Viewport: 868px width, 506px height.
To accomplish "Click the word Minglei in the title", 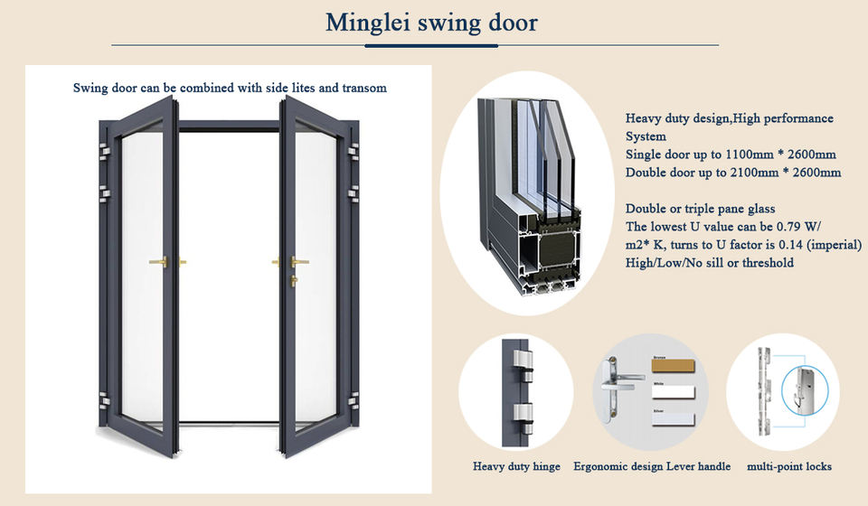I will tap(368, 22).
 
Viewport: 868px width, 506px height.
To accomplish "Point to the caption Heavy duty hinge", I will tap(516, 467).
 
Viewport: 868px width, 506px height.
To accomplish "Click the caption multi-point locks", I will tap(788, 467).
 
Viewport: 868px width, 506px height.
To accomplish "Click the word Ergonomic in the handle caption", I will tap(604, 467).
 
